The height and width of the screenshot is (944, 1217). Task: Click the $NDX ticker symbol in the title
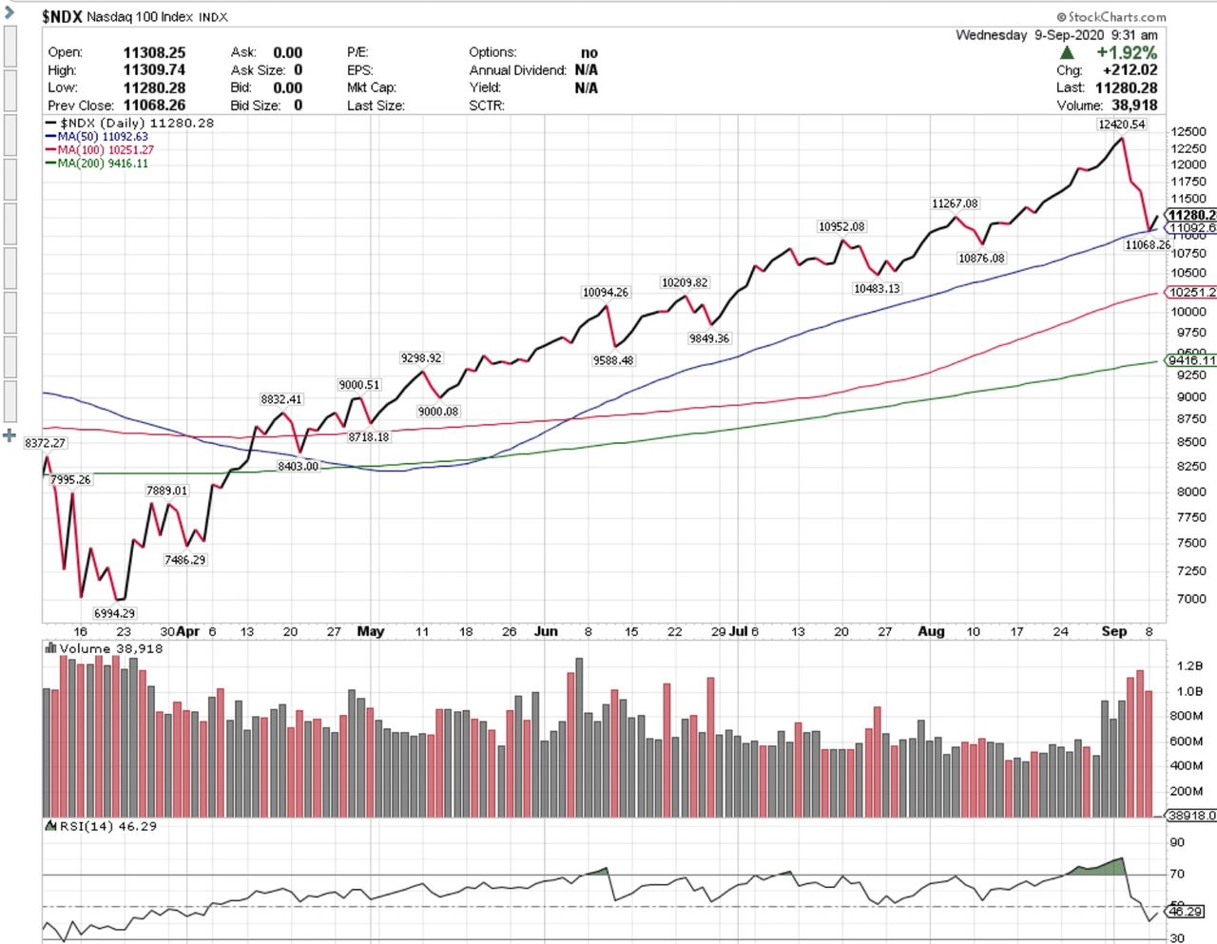62,16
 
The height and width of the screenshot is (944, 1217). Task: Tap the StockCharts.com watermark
1111,16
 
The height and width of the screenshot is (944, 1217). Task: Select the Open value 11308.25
154,52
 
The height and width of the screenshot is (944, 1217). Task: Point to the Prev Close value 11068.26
154,106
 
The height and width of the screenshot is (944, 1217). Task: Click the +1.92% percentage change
1127,52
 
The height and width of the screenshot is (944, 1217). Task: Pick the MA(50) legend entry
102,137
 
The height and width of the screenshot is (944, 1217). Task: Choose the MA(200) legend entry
102,164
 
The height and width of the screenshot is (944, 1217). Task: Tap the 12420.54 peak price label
1121,125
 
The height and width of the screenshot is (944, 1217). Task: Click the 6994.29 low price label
114,613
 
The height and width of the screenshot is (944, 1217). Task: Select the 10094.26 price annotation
606,292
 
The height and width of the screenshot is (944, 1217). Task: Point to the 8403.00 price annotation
298,466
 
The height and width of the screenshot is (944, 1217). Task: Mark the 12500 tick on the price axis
1188,132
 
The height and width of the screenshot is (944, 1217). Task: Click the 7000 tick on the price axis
1192,599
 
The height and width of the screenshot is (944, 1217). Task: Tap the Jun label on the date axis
546,631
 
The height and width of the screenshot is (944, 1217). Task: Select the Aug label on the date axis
931,631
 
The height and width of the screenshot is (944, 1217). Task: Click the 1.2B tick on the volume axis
1189,665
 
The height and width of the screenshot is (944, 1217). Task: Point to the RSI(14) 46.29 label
107,826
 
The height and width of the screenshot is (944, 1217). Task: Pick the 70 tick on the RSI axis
1176,874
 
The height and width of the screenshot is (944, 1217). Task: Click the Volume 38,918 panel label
110,648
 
